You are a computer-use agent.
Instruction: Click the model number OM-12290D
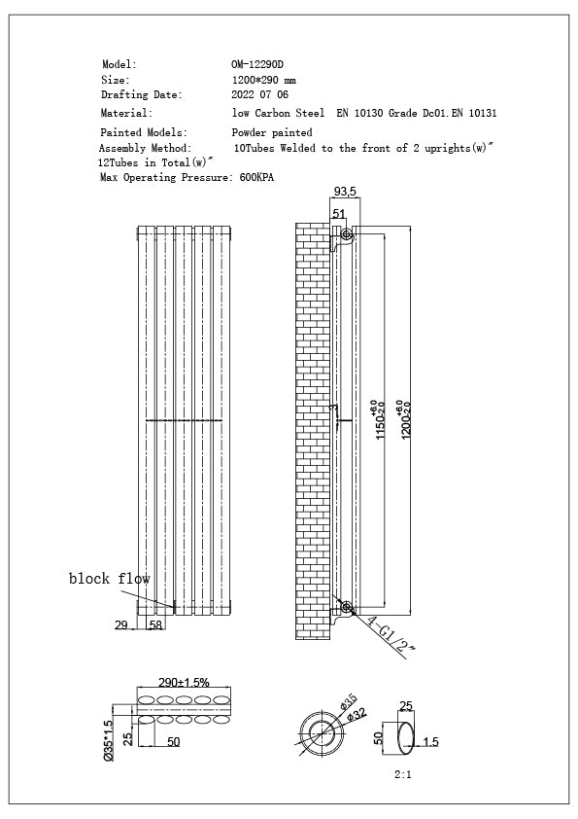(x=257, y=64)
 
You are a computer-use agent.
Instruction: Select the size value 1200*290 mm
(x=264, y=80)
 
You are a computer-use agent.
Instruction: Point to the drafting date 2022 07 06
(x=260, y=95)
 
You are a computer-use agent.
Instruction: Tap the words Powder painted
(x=272, y=132)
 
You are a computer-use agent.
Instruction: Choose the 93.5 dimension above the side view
(x=345, y=192)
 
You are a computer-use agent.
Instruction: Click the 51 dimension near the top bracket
(x=339, y=214)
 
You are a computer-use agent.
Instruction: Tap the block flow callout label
(x=109, y=579)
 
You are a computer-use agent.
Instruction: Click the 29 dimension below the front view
(x=121, y=625)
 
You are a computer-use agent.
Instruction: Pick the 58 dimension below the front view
(x=155, y=625)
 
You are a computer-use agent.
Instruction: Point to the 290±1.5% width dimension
(x=184, y=684)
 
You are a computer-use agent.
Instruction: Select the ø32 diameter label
(x=357, y=715)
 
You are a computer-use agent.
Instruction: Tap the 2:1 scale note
(x=404, y=776)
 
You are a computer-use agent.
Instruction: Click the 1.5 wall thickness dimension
(x=431, y=741)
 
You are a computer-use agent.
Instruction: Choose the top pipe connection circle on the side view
(x=347, y=235)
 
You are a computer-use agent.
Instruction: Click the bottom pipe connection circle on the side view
(x=347, y=609)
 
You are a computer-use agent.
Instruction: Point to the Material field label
(x=126, y=113)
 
